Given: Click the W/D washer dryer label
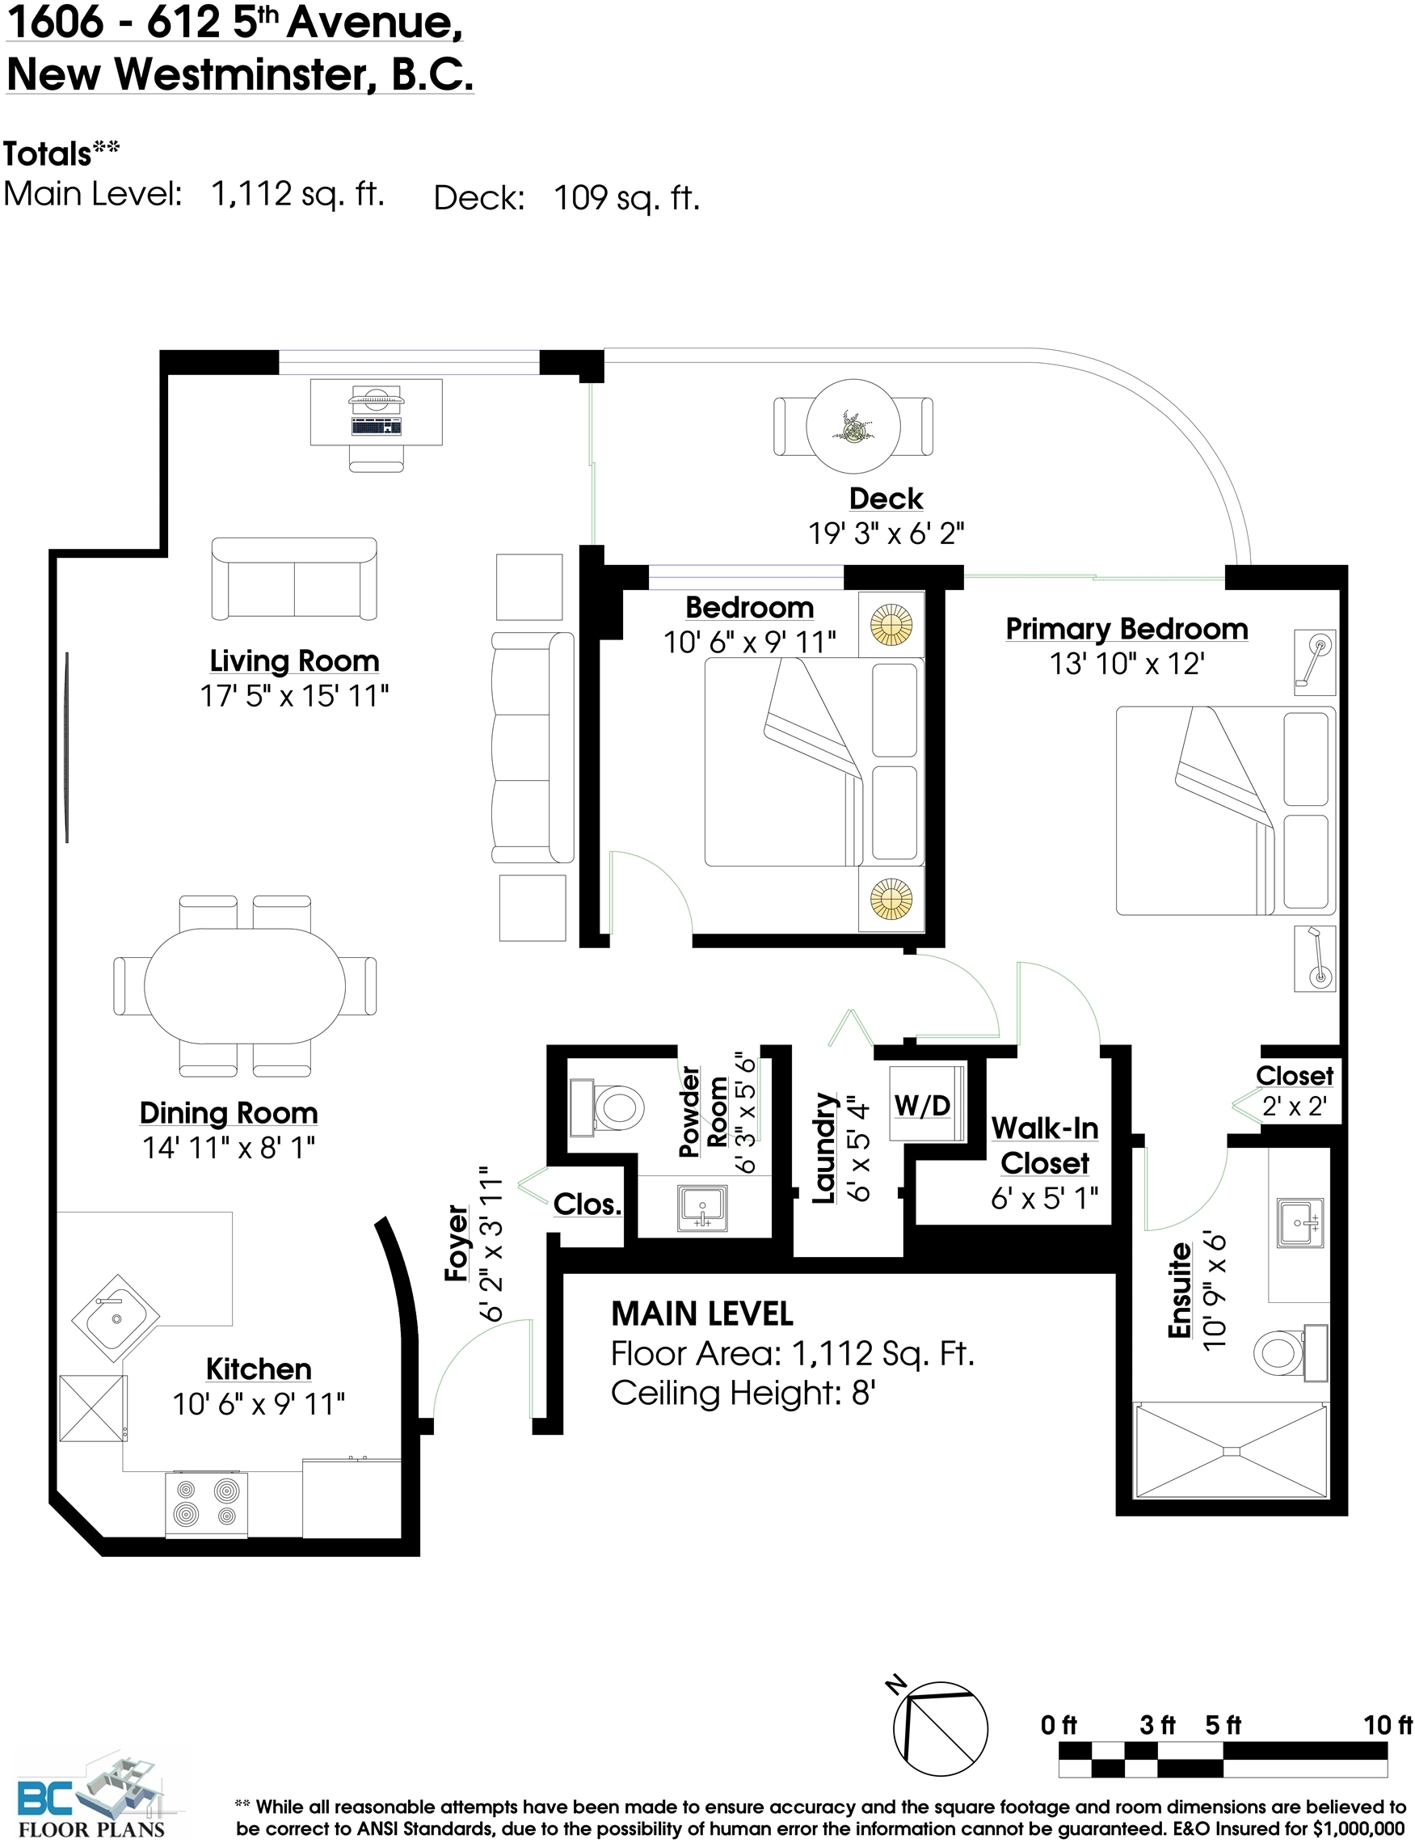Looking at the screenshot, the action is (x=922, y=1105).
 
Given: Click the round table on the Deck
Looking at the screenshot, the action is (x=853, y=426).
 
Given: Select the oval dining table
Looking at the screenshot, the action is (x=245, y=985).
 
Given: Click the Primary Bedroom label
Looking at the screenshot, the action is (x=1127, y=628).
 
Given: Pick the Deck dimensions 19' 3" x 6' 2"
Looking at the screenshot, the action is (x=886, y=533).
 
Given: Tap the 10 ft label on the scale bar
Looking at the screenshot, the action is (x=1388, y=1724).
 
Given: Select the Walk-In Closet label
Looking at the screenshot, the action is (x=1044, y=1145).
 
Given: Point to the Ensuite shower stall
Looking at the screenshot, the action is (x=1232, y=1450).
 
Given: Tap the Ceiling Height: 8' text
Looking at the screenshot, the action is (x=743, y=1394).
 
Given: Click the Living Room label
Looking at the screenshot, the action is (x=294, y=660).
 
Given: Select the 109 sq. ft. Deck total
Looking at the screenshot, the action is (x=626, y=198).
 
